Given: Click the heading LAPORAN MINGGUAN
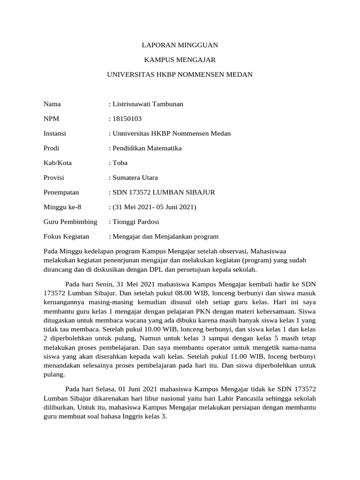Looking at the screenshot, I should (180, 45).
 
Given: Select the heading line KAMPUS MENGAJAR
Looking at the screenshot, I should (180, 60).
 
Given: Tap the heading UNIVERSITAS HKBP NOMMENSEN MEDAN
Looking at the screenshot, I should (180, 75).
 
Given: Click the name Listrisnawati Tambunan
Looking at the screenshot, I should (147, 104).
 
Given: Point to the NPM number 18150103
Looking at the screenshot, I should (124, 119).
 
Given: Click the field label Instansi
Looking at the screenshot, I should (55, 134).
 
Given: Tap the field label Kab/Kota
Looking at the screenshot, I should (58, 163).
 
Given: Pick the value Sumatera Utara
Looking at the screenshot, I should (135, 178).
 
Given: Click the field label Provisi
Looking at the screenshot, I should (54, 178).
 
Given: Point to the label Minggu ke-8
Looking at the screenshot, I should (59, 207).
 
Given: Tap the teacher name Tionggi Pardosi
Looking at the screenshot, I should (135, 222).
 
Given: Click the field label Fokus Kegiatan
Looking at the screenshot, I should (66, 236).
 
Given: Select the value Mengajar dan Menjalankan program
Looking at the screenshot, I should (165, 236).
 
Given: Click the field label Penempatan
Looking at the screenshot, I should (61, 192).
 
